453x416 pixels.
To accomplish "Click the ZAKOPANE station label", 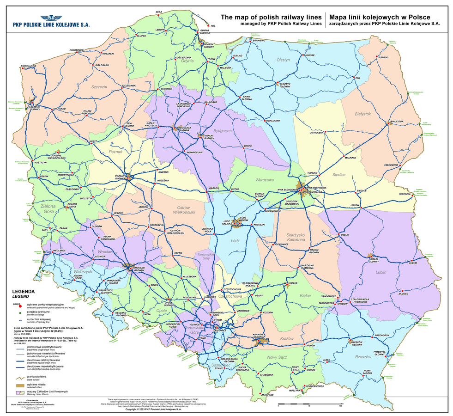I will [268, 395].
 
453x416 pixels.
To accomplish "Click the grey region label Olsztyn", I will [283, 60].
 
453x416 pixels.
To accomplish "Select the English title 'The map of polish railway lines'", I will [271, 17].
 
